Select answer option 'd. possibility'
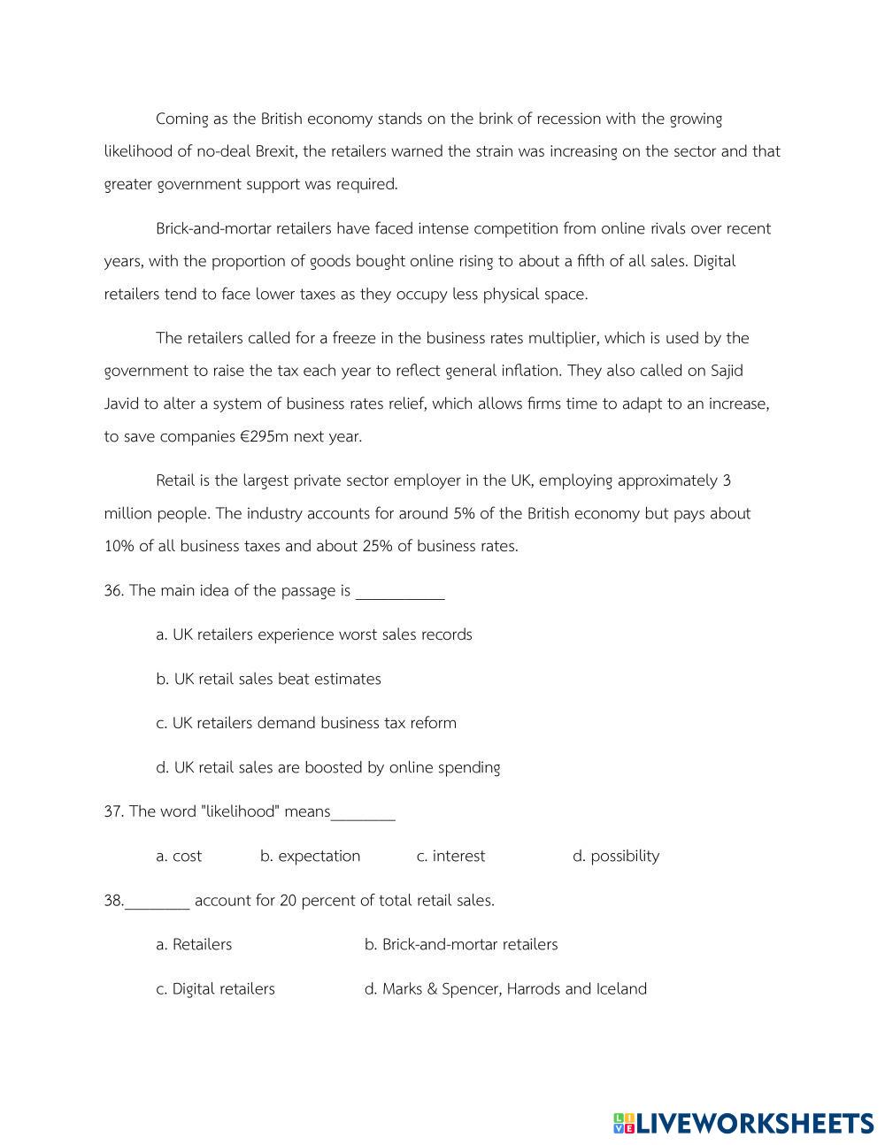[x=616, y=856]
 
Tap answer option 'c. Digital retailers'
[x=215, y=988]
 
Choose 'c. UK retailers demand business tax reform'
[x=306, y=723]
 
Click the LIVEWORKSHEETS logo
[x=743, y=1123]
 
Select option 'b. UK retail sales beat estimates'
[x=268, y=679]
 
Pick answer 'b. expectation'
[x=310, y=856]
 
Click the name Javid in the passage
[x=121, y=403]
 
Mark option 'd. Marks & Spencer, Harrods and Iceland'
[x=505, y=988]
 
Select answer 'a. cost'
[x=179, y=856]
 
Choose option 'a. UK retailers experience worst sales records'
[x=314, y=634]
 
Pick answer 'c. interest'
[x=450, y=856]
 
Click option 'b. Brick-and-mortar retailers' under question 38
[x=461, y=944]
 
